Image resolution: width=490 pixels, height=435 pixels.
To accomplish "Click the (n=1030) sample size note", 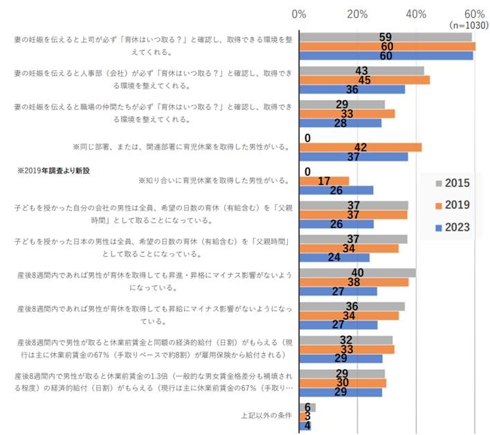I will coord(469,24).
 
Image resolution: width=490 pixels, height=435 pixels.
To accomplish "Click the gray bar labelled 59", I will coord(385,37).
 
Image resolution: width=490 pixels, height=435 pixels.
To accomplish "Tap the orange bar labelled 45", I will coord(364,80).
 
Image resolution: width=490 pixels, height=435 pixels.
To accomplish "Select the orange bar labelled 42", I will coord(360,147).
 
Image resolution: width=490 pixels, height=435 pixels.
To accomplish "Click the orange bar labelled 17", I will coord(324,181).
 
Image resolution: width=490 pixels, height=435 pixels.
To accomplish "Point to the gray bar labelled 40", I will coord(357,273).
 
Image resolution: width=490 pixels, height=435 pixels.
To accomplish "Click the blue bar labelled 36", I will coord(352,89).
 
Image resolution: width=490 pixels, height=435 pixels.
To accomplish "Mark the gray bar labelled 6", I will coord(307,407).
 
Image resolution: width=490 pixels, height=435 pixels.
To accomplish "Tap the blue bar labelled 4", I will coord(305,426).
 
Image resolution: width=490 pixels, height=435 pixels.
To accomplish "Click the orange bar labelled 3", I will coord(303,416).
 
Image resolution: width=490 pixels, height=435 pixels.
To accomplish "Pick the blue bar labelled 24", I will coord(334,258).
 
